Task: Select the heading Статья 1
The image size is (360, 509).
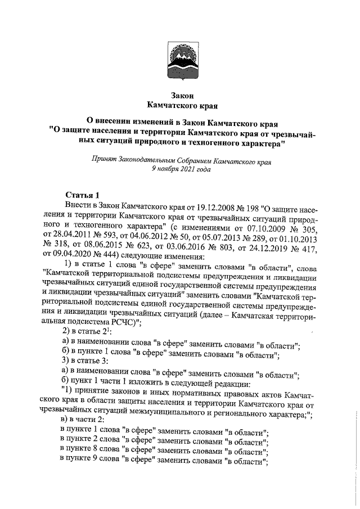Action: (x=82, y=194)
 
